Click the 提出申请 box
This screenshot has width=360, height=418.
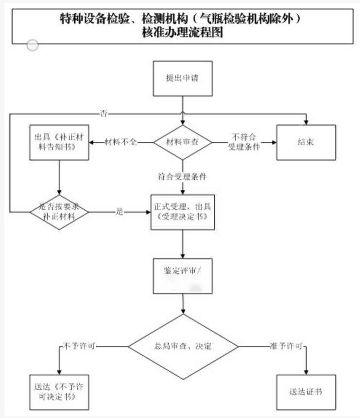coord(183,78)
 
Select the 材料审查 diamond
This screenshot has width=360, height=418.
coord(183,142)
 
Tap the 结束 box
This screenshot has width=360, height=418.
coord(306,142)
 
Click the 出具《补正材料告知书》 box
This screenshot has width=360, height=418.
coord(59,142)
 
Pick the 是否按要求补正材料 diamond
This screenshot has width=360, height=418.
coord(59,212)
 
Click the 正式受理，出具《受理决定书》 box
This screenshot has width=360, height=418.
coord(183,212)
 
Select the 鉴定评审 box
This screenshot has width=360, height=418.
coord(183,276)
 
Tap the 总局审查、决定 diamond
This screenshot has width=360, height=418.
coord(183,347)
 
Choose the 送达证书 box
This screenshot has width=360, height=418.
coord(306,391)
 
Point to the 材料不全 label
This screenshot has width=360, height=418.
coord(121,142)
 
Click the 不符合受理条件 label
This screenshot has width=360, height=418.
coord(244,142)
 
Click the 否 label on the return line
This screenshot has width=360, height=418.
coord(103,113)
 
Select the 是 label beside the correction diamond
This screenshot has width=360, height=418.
coord(120,212)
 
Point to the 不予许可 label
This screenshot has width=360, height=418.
coord(79,346)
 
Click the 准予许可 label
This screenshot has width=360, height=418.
coord(286,346)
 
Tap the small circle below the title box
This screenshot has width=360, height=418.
coord(33,45)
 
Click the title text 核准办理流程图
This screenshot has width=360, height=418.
coord(183,34)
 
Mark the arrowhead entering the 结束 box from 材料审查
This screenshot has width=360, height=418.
coord(274,142)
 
